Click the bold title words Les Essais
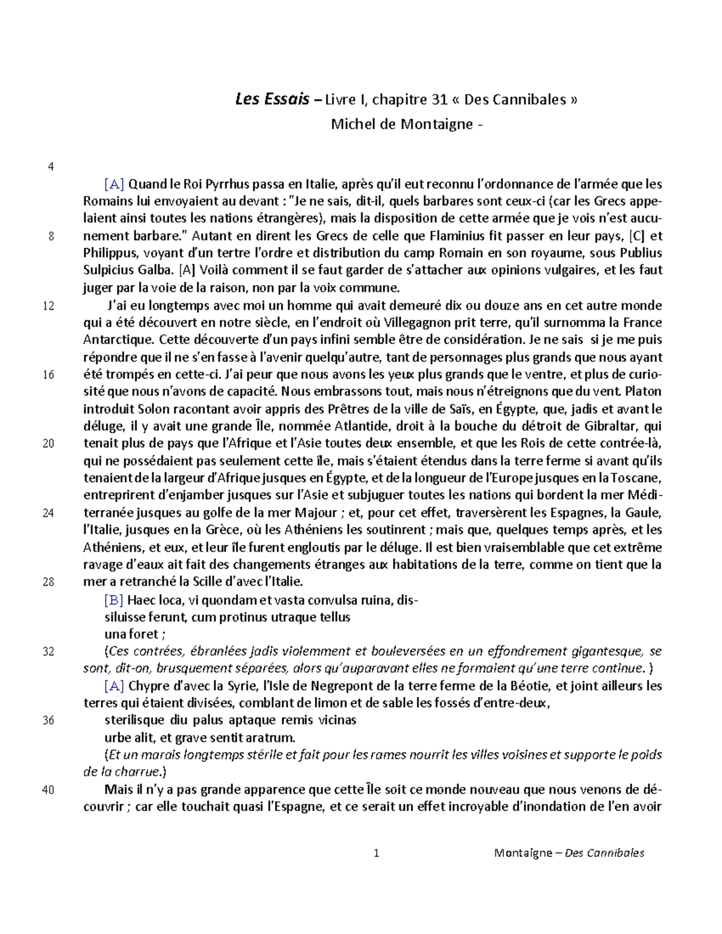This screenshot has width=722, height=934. (272, 99)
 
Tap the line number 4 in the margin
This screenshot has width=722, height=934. (51, 167)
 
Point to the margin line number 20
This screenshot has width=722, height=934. (48, 444)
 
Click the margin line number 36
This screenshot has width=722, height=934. (48, 720)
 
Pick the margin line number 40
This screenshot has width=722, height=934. (48, 790)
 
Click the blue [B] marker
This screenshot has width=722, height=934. (114, 600)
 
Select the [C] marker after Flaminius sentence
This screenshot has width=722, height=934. (637, 236)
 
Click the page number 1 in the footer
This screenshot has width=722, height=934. (376, 852)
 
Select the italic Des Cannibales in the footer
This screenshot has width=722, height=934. (604, 852)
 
